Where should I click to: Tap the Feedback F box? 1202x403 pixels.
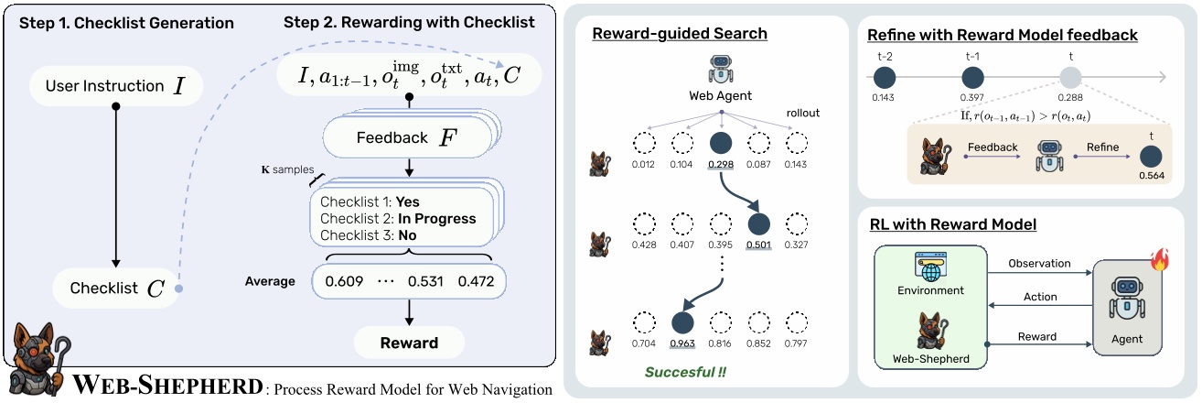tap(408, 138)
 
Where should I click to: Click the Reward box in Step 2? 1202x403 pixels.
tap(409, 343)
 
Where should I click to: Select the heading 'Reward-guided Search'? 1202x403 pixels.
tap(680, 35)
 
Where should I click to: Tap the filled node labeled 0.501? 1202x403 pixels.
tap(759, 226)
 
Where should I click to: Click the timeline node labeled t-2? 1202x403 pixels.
tap(885, 78)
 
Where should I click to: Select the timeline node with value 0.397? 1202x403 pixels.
tap(972, 78)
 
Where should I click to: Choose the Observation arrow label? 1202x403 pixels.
tap(1039, 264)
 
